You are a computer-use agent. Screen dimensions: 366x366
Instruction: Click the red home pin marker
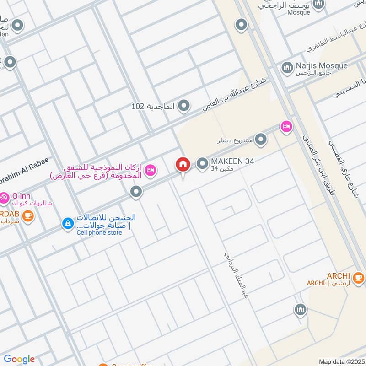pos(183,164)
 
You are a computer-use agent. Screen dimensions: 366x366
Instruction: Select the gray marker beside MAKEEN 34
pos(202,164)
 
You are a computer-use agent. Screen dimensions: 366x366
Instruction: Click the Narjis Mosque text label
pos(321,65)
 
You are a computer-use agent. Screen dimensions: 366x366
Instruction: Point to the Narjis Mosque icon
pos(287,68)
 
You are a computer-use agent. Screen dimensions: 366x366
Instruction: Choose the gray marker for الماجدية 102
pos(184,106)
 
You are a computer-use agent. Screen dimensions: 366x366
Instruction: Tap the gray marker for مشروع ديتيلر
pos(261,139)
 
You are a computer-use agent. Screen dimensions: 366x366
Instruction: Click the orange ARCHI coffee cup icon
pos(359,276)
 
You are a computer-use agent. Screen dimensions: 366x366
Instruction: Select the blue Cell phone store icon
pos(68,224)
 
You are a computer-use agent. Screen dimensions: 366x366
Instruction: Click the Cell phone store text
pos(99,232)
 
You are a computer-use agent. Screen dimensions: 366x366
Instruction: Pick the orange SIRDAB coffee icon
pos(28,215)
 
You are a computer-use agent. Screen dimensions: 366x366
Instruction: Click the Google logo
pos(19,359)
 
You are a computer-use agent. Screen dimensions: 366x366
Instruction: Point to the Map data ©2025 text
pos(342,361)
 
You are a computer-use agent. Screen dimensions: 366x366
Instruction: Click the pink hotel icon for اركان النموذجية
pos(150,170)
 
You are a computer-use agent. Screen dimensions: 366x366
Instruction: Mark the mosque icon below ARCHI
pos(300,310)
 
